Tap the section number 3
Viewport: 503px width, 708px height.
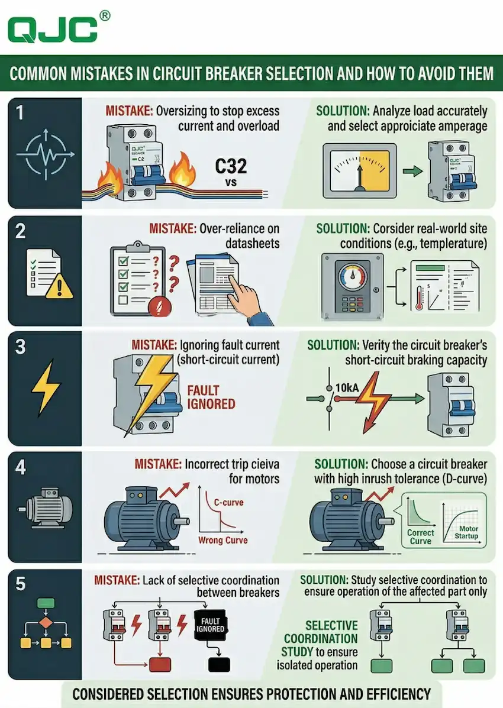click(x=21, y=346)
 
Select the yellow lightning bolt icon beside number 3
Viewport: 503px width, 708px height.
click(x=46, y=390)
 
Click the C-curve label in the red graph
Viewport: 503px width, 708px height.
click(x=228, y=503)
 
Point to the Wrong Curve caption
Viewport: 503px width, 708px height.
click(x=223, y=540)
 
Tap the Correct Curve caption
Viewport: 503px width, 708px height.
click(x=421, y=536)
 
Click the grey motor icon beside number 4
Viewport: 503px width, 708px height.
click(x=46, y=508)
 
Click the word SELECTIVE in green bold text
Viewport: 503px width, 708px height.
click(x=331, y=626)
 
